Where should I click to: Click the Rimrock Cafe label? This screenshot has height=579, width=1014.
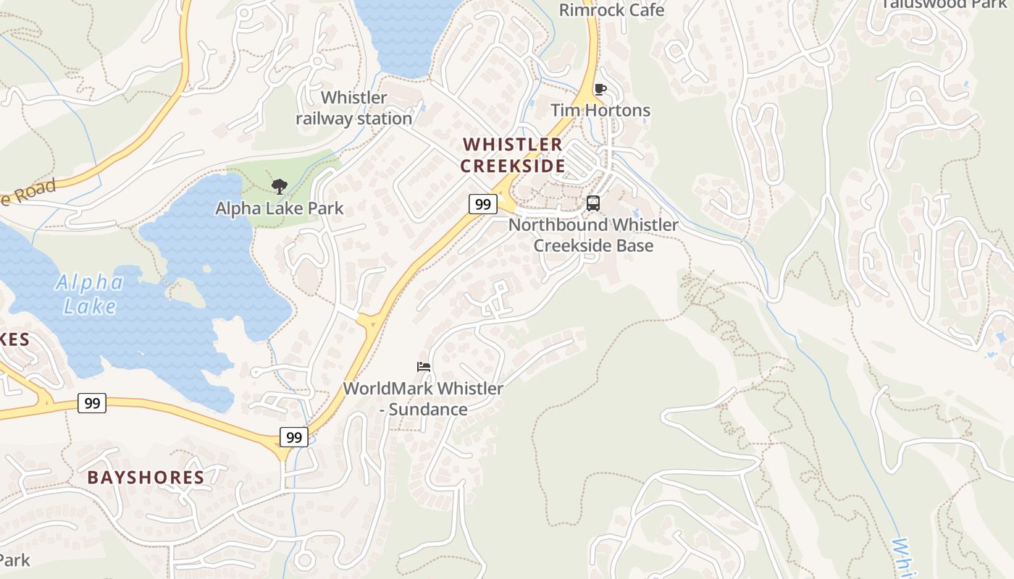612,10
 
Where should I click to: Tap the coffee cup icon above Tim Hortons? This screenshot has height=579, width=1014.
600,90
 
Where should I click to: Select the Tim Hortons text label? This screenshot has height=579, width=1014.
600,110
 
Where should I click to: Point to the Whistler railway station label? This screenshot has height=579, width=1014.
354,108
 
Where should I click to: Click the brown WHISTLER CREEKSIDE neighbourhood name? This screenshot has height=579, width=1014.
512,155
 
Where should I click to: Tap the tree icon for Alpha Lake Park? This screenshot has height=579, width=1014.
279,187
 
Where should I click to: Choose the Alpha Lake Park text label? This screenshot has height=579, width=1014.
279,208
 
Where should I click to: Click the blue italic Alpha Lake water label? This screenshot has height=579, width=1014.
89,294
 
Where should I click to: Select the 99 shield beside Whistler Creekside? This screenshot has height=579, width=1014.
482,204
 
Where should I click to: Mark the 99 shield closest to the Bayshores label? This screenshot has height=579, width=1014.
92,403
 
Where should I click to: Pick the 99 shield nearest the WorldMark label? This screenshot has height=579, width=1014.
294,437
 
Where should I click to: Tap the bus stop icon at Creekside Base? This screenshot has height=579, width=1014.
593,203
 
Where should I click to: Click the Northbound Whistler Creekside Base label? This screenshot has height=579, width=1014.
593,234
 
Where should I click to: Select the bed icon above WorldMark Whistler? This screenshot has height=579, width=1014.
424,367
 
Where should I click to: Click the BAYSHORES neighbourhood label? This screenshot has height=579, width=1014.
146,477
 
